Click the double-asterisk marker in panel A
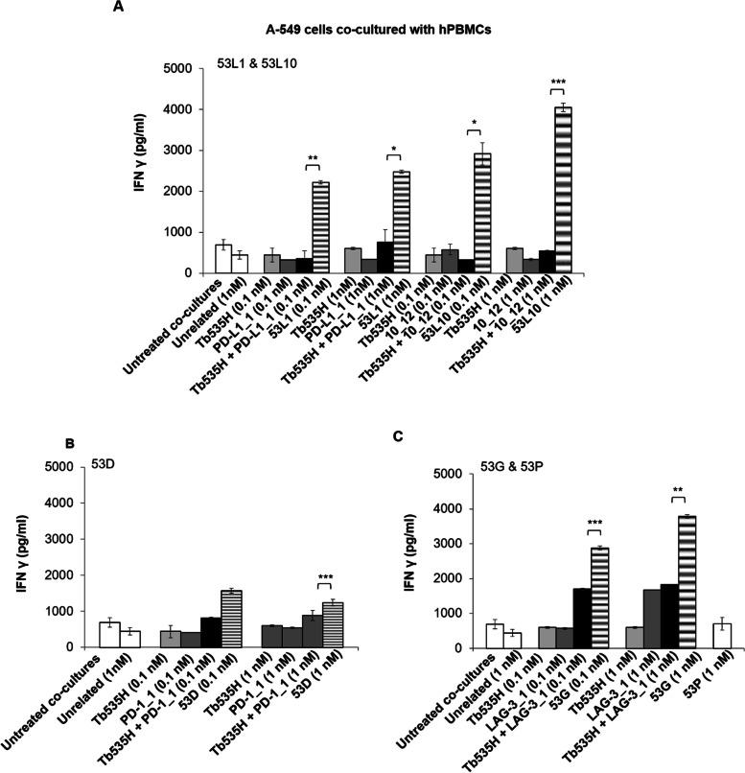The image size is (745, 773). pyautogui.click(x=313, y=155)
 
